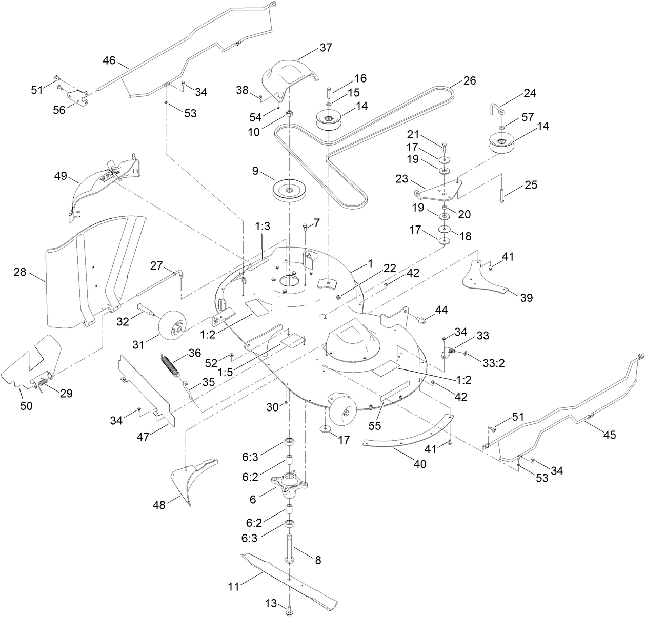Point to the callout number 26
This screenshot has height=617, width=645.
[470, 80]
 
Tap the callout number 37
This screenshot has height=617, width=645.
[326, 48]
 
